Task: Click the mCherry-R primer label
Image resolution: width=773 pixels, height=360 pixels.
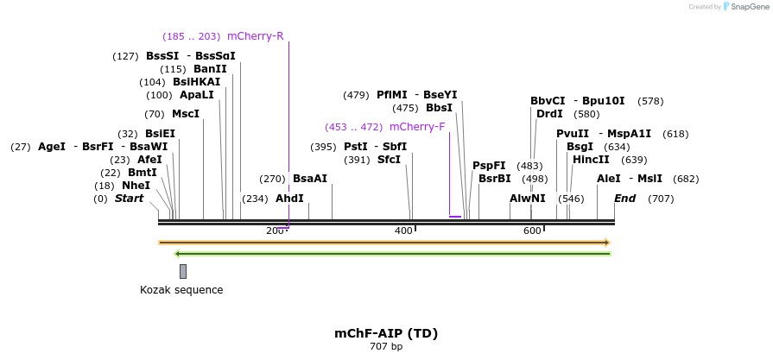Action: pyautogui.click(x=255, y=36)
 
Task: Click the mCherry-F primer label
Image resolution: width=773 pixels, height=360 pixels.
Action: pyautogui.click(x=417, y=127)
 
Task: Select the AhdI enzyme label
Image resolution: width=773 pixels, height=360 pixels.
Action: pyautogui.click(x=289, y=199)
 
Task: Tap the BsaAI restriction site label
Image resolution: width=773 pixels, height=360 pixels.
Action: pyautogui.click(x=310, y=179)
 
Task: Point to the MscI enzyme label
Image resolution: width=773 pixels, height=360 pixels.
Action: pyautogui.click(x=185, y=114)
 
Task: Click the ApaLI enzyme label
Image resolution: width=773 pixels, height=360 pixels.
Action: pyautogui.click(x=196, y=95)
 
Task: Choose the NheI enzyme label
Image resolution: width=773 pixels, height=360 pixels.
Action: pyautogui.click(x=136, y=186)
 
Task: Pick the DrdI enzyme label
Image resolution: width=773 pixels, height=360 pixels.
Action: pyautogui.click(x=549, y=114)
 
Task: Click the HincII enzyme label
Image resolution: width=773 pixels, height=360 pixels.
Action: pyautogui.click(x=592, y=160)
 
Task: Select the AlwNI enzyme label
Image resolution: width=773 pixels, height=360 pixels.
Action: pyautogui.click(x=527, y=199)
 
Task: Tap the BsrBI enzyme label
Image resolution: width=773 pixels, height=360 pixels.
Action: pyautogui.click(x=495, y=179)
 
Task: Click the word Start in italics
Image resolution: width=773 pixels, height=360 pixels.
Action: pyautogui.click(x=129, y=199)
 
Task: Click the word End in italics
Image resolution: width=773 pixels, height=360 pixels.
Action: pyautogui.click(x=624, y=199)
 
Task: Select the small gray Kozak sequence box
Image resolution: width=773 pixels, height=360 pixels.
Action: pyautogui.click(x=183, y=271)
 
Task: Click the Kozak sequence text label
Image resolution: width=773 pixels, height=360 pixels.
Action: pyautogui.click(x=181, y=290)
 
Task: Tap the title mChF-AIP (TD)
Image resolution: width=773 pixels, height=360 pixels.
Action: pyautogui.click(x=386, y=333)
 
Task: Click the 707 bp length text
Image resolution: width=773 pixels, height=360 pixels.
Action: pyautogui.click(x=386, y=346)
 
